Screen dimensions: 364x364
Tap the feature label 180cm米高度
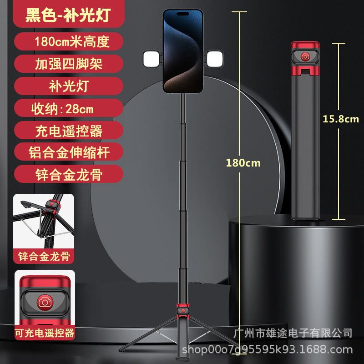pos(72,42)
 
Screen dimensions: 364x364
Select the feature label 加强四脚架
pos(69,64)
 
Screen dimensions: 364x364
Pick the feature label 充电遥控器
pos(69,131)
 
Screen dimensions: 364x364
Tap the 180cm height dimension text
pos(243,163)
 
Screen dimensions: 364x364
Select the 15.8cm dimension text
pos(341,119)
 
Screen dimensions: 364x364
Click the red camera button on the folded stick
pos(305,57)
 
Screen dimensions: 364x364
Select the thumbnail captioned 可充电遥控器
pos(44,298)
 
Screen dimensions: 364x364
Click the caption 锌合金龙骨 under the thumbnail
pos(44,257)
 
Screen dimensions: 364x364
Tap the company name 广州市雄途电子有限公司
pos(292,333)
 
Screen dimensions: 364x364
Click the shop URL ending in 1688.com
pos(267,350)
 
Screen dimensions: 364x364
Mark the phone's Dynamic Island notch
pos(183,14)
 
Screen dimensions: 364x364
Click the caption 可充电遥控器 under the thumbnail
pos(44,333)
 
